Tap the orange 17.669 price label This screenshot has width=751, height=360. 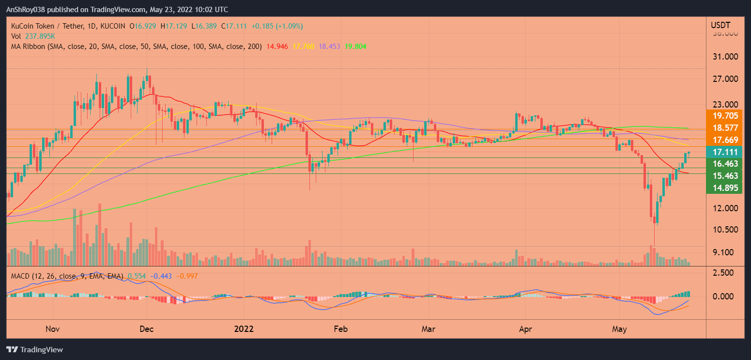point(724,140)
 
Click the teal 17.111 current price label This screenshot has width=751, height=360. point(724,152)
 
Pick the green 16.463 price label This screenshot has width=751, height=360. point(724,164)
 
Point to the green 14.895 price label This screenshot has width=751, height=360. point(724,188)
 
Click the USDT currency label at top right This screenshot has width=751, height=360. point(720,25)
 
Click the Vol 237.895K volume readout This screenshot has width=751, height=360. point(33,36)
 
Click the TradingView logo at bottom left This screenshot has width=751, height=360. point(34,349)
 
